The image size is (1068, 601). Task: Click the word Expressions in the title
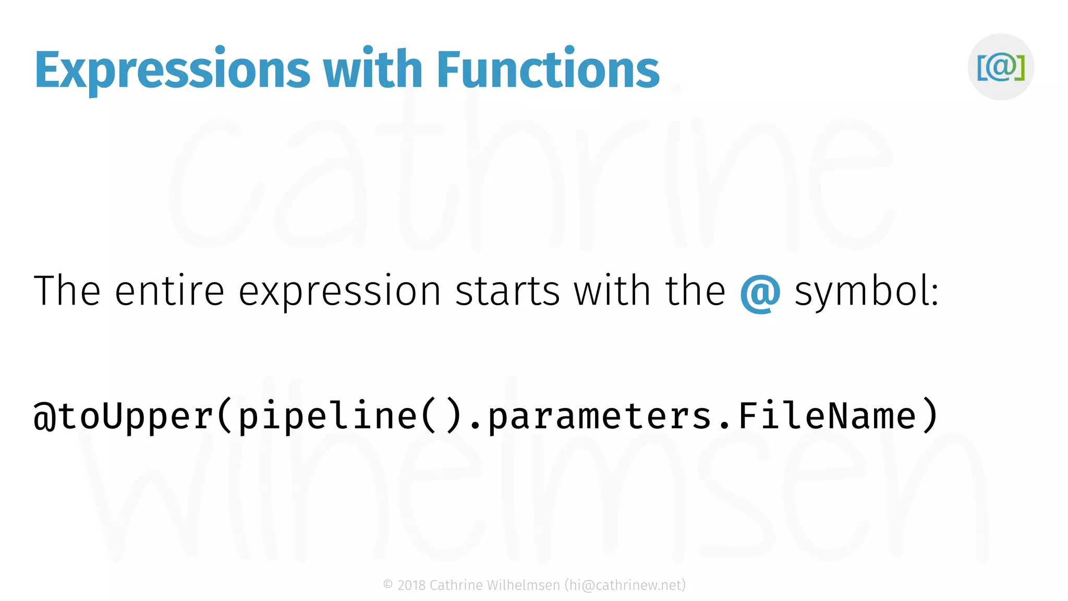point(172,70)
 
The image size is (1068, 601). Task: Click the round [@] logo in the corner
point(1001,67)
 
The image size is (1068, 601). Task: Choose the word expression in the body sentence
point(339,292)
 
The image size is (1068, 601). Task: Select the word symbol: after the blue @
point(866,292)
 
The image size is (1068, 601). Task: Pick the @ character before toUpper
point(45,416)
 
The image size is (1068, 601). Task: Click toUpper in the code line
point(136,416)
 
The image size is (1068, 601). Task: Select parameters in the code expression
point(600,416)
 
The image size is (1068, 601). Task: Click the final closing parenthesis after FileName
point(930,416)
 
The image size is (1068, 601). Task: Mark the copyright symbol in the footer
point(388,585)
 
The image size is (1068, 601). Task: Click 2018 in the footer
point(411,585)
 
